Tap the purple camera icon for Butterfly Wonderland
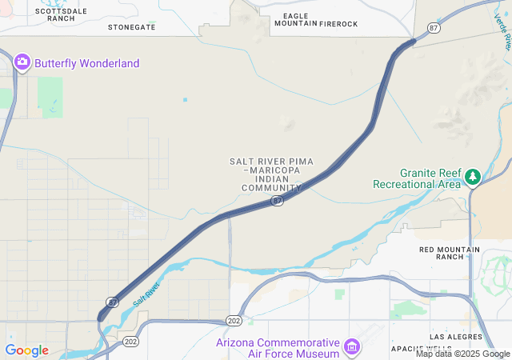pyautogui.click(x=22, y=62)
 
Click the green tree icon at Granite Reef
pyautogui.click(x=473, y=175)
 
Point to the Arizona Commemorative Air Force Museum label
pyautogui.click(x=278, y=348)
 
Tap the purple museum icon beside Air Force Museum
pyautogui.click(x=351, y=346)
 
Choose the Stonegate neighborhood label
pyautogui.click(x=132, y=27)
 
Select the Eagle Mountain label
pyautogui.click(x=296, y=19)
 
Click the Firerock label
pyautogui.click(x=338, y=24)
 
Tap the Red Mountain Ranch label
pyautogui.click(x=450, y=253)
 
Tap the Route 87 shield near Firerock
pyautogui.click(x=434, y=28)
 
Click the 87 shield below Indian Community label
pyautogui.click(x=276, y=202)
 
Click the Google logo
pyautogui.click(x=26, y=350)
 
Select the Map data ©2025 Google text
pyautogui.click(x=462, y=354)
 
